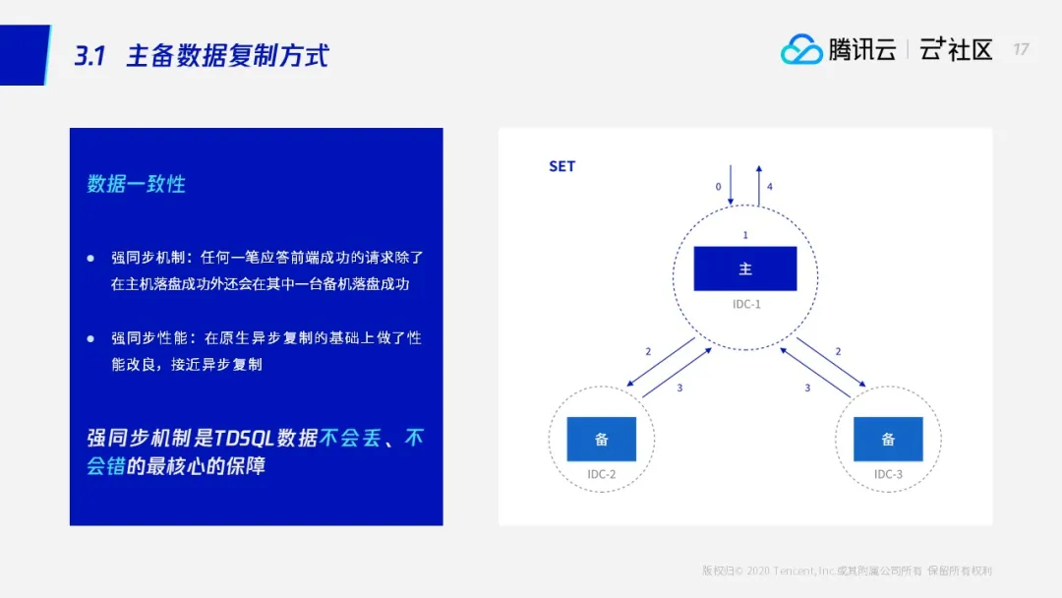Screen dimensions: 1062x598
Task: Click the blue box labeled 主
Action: point(745,269)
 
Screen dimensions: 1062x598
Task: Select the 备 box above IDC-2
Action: point(602,439)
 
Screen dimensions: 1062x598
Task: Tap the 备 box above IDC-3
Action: point(888,439)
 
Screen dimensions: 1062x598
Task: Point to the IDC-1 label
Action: point(746,304)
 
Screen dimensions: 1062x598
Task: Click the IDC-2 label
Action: point(602,474)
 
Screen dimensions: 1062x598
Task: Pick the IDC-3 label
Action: point(888,474)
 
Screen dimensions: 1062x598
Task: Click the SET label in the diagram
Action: point(561,166)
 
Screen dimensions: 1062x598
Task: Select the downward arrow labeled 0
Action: point(730,185)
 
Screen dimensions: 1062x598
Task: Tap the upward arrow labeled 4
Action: point(758,186)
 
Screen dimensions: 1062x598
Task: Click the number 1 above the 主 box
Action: point(745,235)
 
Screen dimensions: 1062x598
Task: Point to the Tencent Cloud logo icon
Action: point(801,49)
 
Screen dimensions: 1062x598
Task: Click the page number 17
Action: point(1021,49)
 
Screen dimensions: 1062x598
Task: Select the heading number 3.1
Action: point(90,55)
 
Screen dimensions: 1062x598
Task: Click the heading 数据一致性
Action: point(136,184)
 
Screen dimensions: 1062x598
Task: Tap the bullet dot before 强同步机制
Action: point(90,258)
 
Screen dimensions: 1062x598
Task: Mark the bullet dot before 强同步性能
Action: point(90,338)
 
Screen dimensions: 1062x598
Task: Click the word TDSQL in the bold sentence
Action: point(244,438)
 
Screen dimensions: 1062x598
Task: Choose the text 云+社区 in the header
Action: point(956,49)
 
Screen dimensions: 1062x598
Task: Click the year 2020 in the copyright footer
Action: point(758,570)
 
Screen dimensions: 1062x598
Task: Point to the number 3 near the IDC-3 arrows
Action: point(807,389)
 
